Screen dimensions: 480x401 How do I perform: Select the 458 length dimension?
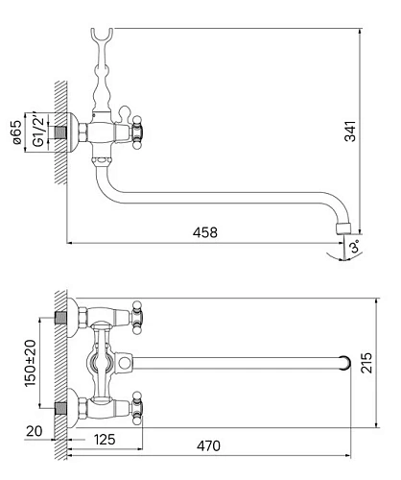204,231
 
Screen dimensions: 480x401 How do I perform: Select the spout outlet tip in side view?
343,229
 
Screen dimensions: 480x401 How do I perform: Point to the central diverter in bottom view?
104,362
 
